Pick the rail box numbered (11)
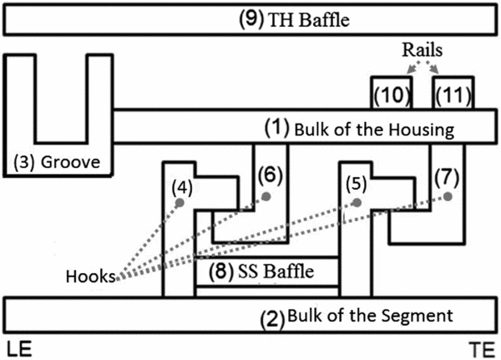453,94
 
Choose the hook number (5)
357,183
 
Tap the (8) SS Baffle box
267,271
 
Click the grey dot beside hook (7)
447,197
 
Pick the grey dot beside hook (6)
267,196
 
